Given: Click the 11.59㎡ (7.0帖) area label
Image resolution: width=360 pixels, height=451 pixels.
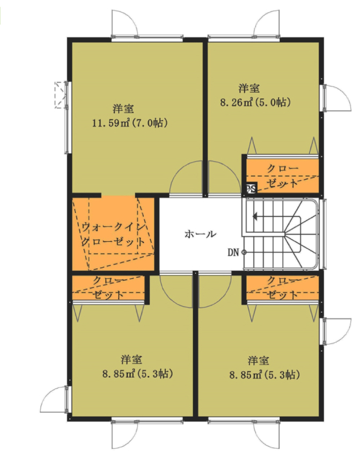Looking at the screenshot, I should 130,123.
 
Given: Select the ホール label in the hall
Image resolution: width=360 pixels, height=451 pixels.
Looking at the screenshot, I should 200,234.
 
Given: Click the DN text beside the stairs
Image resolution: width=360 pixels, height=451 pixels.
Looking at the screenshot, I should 233,252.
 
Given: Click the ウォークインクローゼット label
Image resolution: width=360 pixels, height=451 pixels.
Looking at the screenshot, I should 114,234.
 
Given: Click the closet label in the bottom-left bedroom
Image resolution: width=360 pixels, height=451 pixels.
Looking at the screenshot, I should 109,288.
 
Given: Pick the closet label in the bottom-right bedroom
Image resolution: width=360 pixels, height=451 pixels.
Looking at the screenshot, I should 282,288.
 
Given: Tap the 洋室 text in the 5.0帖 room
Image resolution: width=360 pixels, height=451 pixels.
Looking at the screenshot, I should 249,88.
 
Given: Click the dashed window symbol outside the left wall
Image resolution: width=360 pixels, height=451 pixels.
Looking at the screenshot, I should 60,95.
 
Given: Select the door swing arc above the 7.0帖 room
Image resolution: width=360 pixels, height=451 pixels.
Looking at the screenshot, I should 125,23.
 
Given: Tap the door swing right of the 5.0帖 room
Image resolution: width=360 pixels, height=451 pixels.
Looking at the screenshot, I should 337,98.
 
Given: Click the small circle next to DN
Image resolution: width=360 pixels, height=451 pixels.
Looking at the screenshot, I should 244,252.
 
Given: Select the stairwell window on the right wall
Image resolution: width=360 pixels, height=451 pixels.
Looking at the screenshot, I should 325,233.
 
